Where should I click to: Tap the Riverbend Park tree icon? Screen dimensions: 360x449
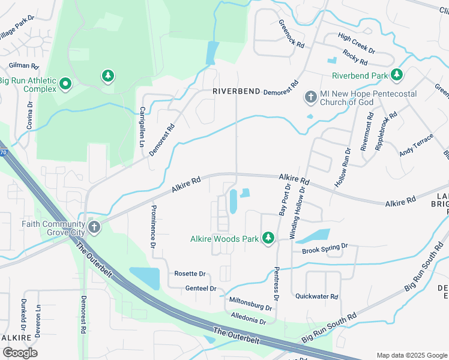pyautogui.click(x=396, y=75)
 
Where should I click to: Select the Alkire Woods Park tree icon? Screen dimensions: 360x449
pyautogui.click(x=268, y=239)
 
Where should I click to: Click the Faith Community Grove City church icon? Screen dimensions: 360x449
pyautogui.click(x=94, y=227)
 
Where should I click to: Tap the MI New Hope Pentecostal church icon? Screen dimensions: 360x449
pyautogui.click(x=310, y=97)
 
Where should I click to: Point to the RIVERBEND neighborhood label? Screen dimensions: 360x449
pyautogui.click(x=237, y=91)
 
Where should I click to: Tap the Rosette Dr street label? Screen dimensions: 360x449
pyautogui.click(x=190, y=274)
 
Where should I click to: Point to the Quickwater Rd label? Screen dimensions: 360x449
pyautogui.click(x=316, y=296)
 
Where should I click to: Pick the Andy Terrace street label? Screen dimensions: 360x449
pyautogui.click(x=416, y=149)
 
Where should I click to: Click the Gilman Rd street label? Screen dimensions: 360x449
pyautogui.click(x=24, y=65)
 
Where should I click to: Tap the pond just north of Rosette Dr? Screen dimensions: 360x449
pyautogui.click(x=145, y=278)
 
